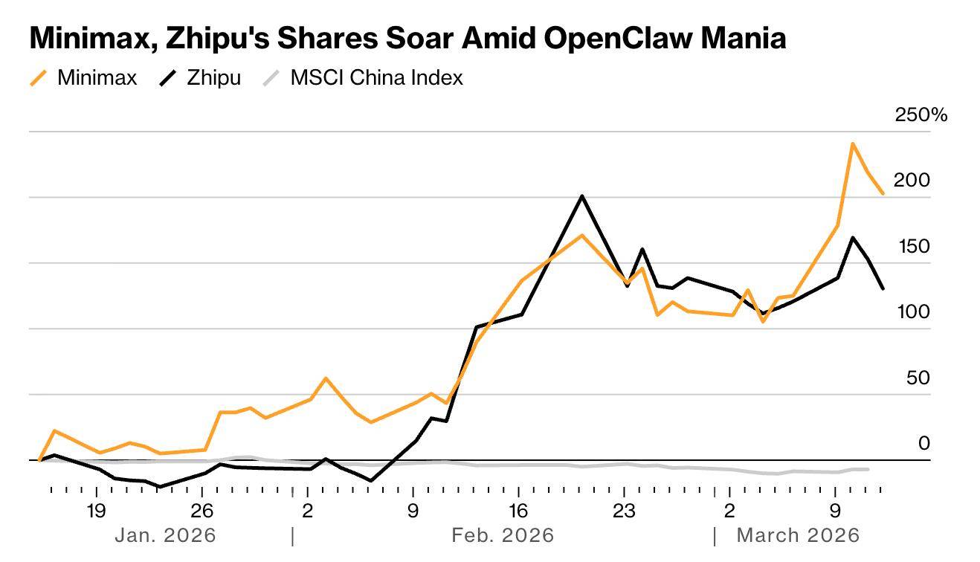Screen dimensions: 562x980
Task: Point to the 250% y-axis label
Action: click(x=921, y=114)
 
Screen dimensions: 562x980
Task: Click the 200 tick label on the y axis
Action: click(x=911, y=180)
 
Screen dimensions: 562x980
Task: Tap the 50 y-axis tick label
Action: click(x=918, y=378)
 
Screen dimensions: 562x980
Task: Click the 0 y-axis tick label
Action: click(x=924, y=443)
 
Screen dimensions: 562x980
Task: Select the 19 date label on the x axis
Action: click(x=96, y=511)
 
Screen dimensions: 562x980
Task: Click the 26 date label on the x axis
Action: click(x=202, y=511)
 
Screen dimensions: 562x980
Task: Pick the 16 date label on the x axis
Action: click(x=518, y=511)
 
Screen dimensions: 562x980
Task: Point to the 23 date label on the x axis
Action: click(x=624, y=511)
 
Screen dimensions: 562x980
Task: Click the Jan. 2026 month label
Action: click(x=165, y=535)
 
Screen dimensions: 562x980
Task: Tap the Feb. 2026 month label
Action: click(x=503, y=535)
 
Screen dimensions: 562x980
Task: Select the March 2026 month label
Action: click(x=797, y=535)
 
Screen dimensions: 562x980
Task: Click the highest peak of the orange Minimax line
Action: click(x=852, y=143)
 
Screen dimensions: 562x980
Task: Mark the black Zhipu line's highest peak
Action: click(x=581, y=196)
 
